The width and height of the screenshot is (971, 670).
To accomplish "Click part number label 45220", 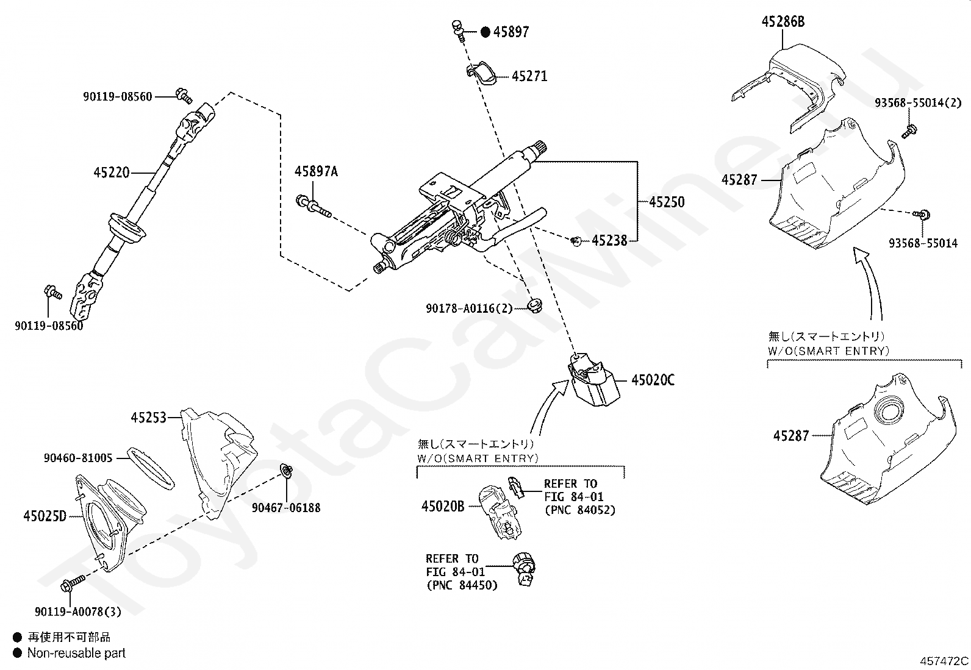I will (111, 173).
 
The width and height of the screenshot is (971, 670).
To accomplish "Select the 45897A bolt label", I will (316, 172).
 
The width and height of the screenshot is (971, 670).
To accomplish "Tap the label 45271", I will (529, 76).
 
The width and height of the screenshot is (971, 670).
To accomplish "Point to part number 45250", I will (667, 202).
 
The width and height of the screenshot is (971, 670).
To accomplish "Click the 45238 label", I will (609, 241).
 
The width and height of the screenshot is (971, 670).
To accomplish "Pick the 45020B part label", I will (443, 506).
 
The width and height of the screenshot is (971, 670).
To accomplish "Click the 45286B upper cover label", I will (783, 22).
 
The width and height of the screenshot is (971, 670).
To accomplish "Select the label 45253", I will (148, 418).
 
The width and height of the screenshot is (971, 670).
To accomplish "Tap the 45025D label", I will (45, 516).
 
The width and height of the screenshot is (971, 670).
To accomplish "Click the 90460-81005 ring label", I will (78, 458).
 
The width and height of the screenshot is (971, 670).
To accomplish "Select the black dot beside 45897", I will (485, 32).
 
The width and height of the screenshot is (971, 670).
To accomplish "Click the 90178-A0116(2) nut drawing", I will (535, 305).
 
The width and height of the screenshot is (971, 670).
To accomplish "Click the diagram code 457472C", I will (944, 660).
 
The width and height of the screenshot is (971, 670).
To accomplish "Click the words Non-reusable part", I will (76, 653).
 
